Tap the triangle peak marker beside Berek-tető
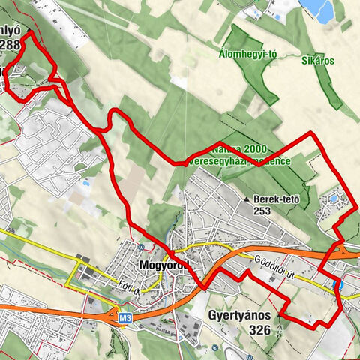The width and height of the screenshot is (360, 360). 247,200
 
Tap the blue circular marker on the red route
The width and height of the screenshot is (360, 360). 337,284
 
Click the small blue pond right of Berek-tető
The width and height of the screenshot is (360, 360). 333,199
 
